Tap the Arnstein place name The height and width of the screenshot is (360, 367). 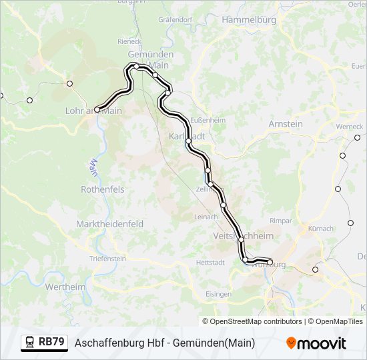(285, 124)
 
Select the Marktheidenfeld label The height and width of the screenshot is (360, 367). (110, 224)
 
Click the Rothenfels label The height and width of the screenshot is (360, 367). (102, 189)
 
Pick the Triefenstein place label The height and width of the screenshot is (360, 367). (107, 259)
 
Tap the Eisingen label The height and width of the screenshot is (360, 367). (218, 294)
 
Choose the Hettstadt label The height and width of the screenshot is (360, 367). (210, 263)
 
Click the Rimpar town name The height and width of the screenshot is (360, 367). (281, 220)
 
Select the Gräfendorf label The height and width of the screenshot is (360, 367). (175, 20)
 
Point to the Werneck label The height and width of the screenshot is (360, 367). (349, 126)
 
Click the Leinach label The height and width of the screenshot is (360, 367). (206, 217)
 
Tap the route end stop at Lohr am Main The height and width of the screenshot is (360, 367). (97, 109)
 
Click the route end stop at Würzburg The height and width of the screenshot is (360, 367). (270, 262)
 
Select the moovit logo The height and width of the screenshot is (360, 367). (316, 343)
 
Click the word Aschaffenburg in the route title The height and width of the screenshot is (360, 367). (107, 343)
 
